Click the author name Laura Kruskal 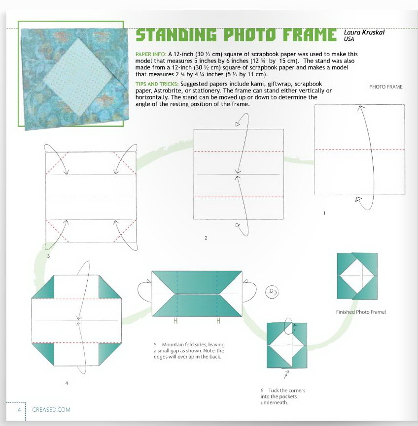pyautogui.click(x=364, y=32)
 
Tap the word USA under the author pyautogui.click(x=349, y=39)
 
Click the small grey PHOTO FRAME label pyautogui.click(x=385, y=87)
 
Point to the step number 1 pyautogui.click(x=324, y=213)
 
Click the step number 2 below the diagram pyautogui.click(x=206, y=238)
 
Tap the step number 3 pyautogui.click(x=48, y=256)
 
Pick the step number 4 pyautogui.click(x=66, y=383)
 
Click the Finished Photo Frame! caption pyautogui.click(x=361, y=312)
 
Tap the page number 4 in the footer pyautogui.click(x=19, y=409)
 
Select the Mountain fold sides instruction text pyautogui.click(x=189, y=351)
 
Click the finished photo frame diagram pyautogui.click(x=357, y=276)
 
